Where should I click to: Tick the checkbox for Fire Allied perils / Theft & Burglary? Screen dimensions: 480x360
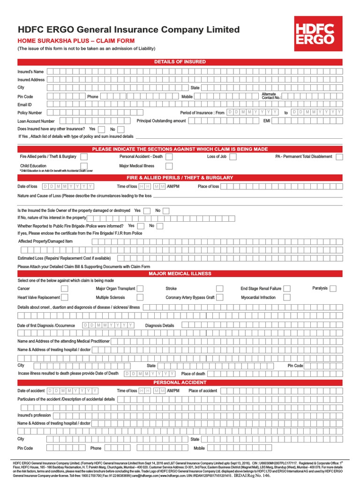click(83, 157)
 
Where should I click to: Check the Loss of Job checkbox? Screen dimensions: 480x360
click(233, 157)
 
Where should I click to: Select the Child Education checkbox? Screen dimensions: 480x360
click(83, 166)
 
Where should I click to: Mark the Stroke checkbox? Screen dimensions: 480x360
click(219, 289)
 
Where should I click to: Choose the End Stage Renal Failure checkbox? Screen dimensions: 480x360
click(287, 289)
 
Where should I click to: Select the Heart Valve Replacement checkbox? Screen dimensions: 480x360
click(65, 298)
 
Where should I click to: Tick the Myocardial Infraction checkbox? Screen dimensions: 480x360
click(287, 298)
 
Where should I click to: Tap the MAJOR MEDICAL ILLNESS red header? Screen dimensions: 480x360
click(180, 273)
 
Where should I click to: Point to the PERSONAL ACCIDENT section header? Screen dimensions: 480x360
click(180, 382)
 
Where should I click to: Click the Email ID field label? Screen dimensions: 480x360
click(25, 105)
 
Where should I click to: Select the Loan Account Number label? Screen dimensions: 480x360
click(36, 121)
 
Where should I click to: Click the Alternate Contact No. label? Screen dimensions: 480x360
click(271, 96)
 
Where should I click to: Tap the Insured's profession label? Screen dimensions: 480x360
click(34, 415)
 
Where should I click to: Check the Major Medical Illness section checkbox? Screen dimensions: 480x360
click(169, 166)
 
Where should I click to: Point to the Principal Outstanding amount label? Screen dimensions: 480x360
click(161, 121)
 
